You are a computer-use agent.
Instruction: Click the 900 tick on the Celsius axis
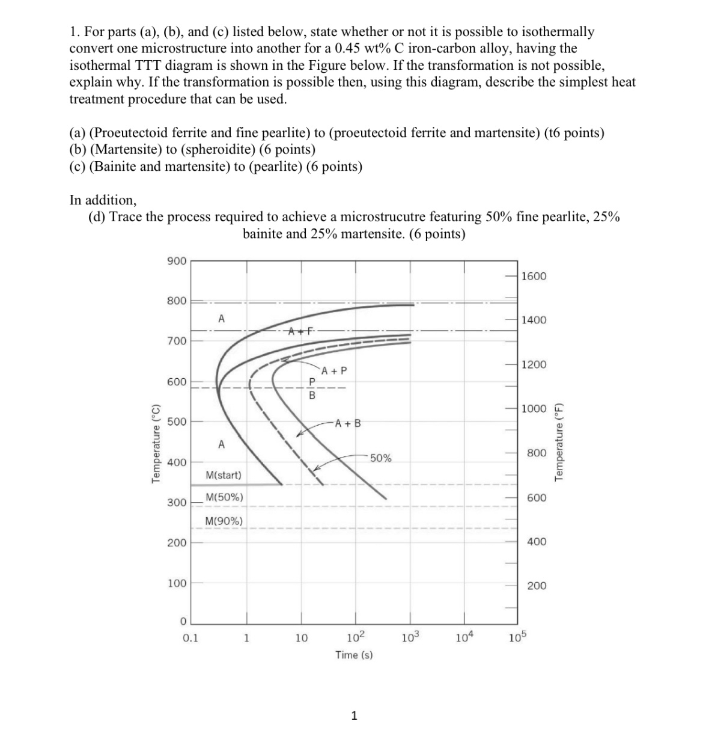(x=177, y=261)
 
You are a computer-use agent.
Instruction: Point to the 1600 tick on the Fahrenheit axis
(x=534, y=276)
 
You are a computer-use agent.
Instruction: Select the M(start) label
(x=224, y=475)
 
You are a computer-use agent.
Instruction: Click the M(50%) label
(x=224, y=497)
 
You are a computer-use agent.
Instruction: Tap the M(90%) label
(x=224, y=521)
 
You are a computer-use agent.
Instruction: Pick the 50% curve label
(x=380, y=458)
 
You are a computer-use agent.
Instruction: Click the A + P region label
(x=334, y=371)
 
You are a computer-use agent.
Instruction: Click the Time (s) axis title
(x=354, y=655)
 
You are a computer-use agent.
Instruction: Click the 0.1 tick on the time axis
(x=190, y=638)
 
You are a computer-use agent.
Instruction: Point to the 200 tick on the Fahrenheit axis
(x=537, y=586)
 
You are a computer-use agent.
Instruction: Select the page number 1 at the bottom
(x=354, y=716)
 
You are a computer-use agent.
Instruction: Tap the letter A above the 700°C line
(x=221, y=319)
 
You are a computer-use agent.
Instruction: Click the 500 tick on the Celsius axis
(x=177, y=421)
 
